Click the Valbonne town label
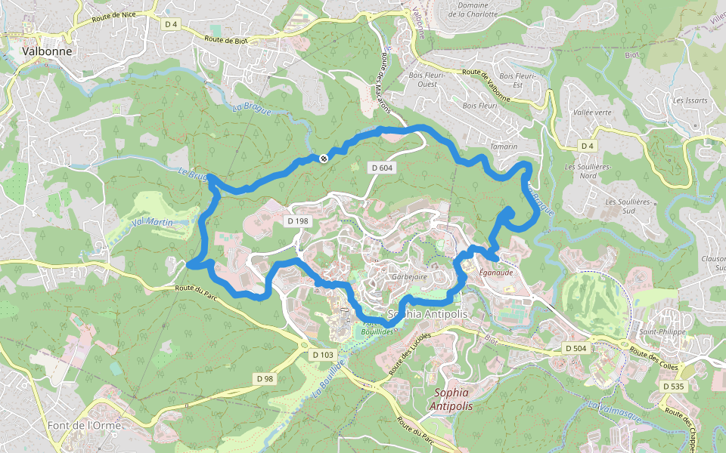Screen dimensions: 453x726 tap(48, 51)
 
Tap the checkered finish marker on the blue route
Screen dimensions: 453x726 tap(324, 158)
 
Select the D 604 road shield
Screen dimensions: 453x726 tap(383, 167)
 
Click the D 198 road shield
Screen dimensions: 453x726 tap(298, 220)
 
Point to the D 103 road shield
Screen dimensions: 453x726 tap(322, 354)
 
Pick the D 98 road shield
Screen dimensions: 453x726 tap(264, 378)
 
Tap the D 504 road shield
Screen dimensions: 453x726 tap(577, 348)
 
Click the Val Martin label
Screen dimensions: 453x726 tap(153, 223)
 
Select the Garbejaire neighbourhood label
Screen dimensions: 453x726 tap(410, 277)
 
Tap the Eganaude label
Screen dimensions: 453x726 tap(496, 273)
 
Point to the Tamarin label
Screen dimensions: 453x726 tap(504, 146)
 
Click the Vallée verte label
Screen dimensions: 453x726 tap(593, 112)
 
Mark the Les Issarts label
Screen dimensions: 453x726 tap(689, 100)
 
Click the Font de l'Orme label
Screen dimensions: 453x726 tap(84, 425)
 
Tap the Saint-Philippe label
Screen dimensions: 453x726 tap(662, 331)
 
